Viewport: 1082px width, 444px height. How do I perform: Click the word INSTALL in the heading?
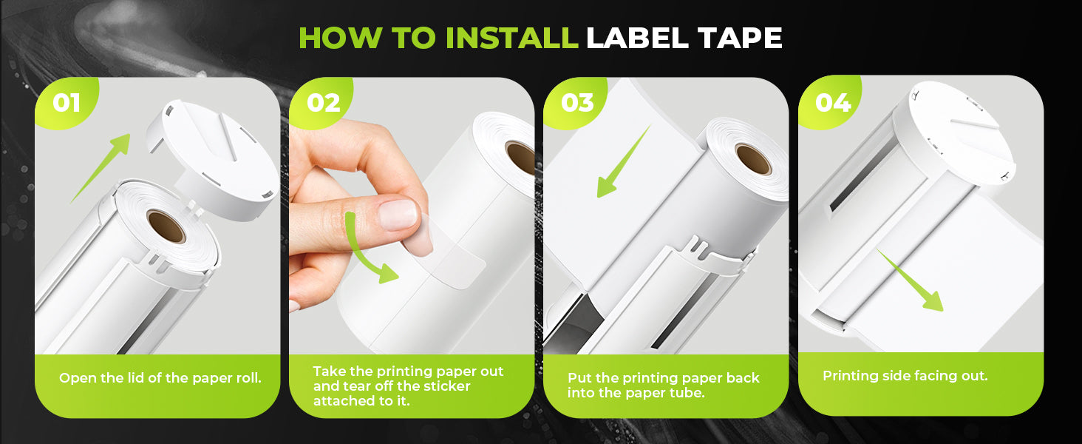[x=511, y=38]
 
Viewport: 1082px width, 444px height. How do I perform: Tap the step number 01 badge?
[x=67, y=103]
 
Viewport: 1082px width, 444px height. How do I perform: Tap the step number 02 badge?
[x=323, y=103]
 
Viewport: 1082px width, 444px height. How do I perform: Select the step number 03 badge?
[x=577, y=103]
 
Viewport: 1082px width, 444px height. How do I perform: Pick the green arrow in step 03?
[x=623, y=161]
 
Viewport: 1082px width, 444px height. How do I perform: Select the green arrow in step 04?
[x=910, y=280]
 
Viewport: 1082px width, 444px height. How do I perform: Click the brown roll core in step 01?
[x=166, y=226]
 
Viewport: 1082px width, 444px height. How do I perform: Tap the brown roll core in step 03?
[x=754, y=159]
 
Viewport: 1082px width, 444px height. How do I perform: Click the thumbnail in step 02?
[x=397, y=215]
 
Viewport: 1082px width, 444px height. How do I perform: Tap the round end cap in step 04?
[x=954, y=133]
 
